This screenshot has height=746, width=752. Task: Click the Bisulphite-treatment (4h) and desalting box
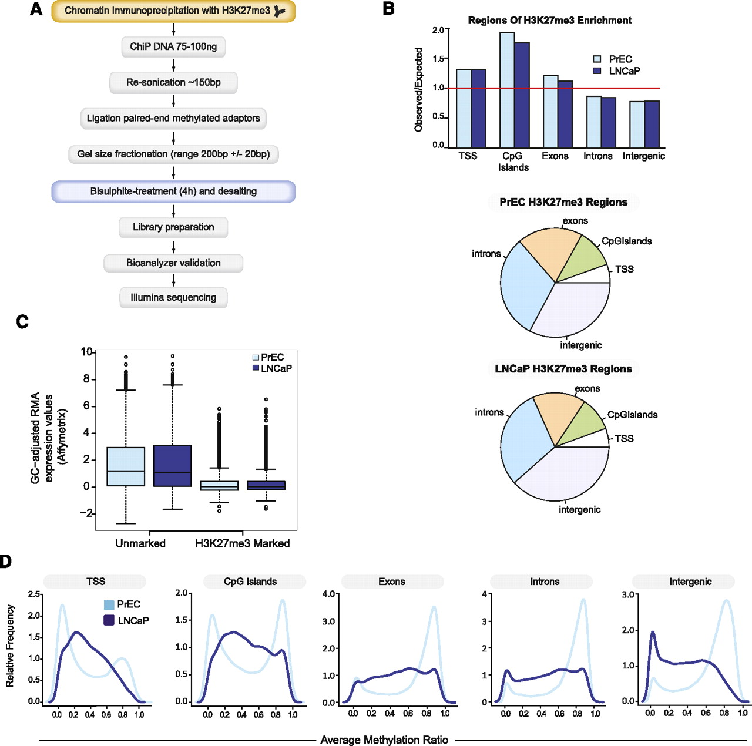tap(173, 191)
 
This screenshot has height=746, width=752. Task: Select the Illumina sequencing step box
tap(173, 298)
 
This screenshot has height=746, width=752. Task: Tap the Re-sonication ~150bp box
tap(173, 83)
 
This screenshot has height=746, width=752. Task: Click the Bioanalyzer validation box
tap(173, 263)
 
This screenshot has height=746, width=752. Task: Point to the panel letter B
tap(388, 9)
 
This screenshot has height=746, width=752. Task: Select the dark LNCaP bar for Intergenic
tap(652, 124)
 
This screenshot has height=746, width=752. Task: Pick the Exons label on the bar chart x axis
tap(555, 156)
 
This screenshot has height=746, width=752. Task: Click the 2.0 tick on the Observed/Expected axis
tap(438, 30)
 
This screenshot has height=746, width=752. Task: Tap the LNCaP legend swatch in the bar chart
tap(597, 71)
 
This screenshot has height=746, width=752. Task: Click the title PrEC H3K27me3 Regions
tap(563, 203)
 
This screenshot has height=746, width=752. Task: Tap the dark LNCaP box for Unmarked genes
tap(172, 465)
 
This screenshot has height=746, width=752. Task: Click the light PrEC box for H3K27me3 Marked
tap(219, 486)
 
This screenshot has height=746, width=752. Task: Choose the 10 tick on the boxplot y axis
tap(87, 352)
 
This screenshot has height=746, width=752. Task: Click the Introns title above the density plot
tap(545, 582)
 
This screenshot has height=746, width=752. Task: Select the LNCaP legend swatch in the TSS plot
tap(109, 620)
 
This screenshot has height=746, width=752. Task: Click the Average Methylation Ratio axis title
tap(384, 740)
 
